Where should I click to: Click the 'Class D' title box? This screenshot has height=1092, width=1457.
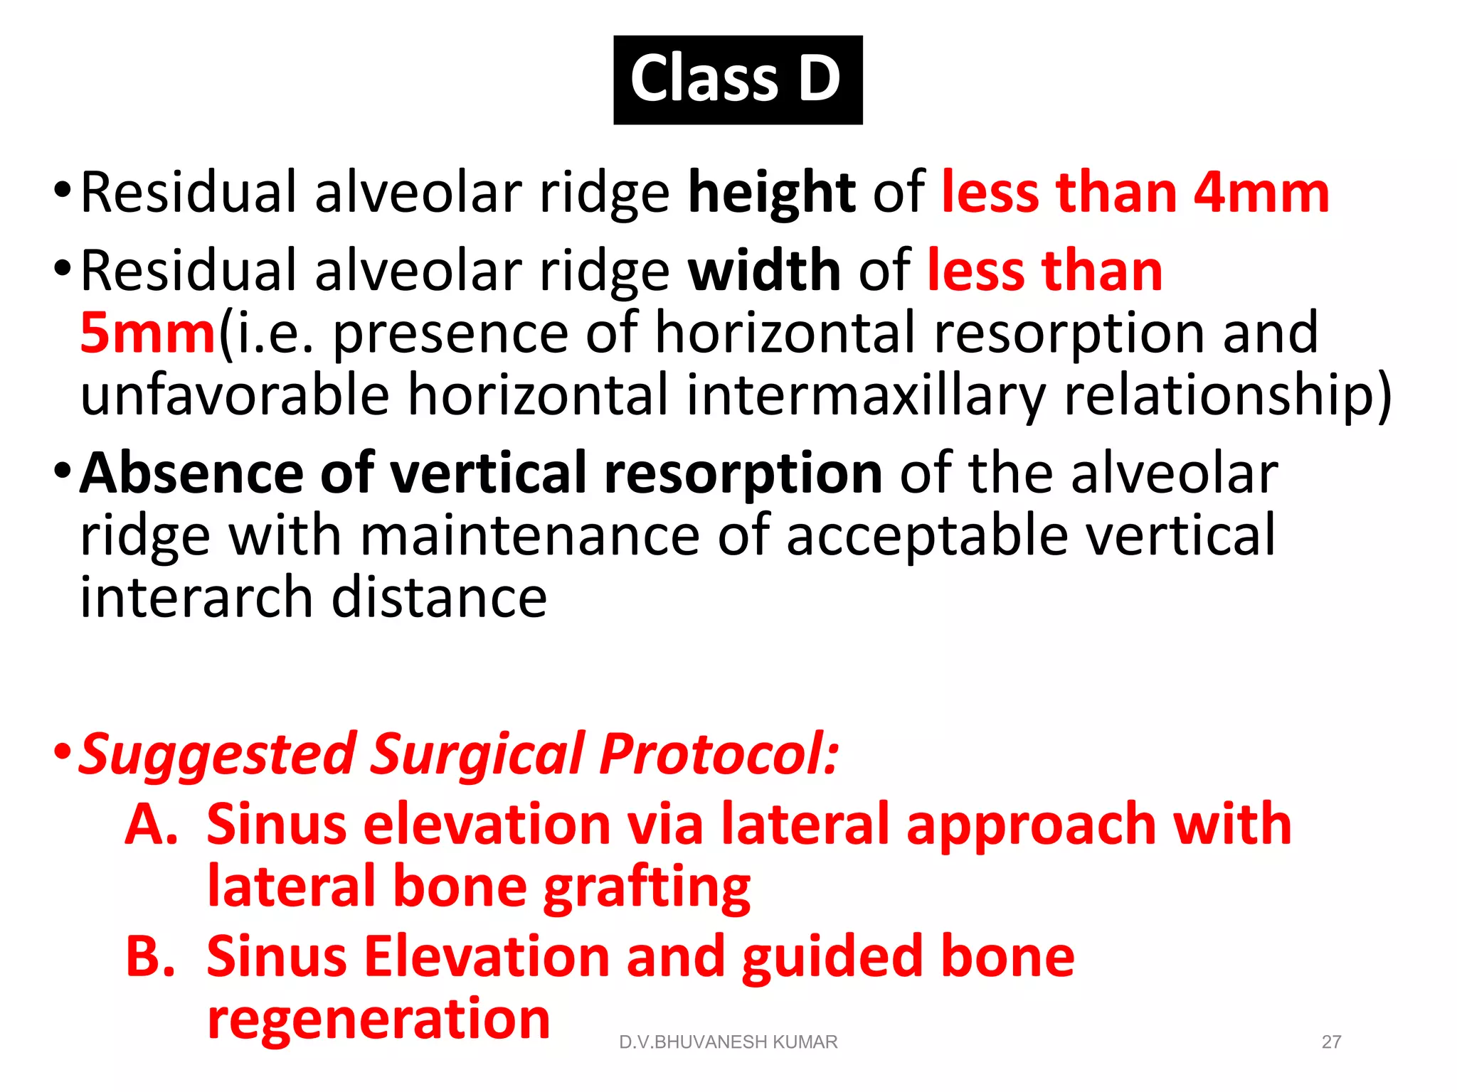[738, 80]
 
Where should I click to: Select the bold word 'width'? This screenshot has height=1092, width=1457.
[764, 271]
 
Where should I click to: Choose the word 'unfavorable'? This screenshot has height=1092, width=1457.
[235, 395]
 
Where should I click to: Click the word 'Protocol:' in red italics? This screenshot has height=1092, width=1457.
[719, 754]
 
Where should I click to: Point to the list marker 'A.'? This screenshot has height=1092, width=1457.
[152, 825]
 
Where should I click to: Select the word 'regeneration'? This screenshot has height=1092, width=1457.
[378, 1019]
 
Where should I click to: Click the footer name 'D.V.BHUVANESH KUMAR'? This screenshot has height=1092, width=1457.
[728, 1042]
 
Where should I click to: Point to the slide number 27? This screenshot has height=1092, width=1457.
[1331, 1042]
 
